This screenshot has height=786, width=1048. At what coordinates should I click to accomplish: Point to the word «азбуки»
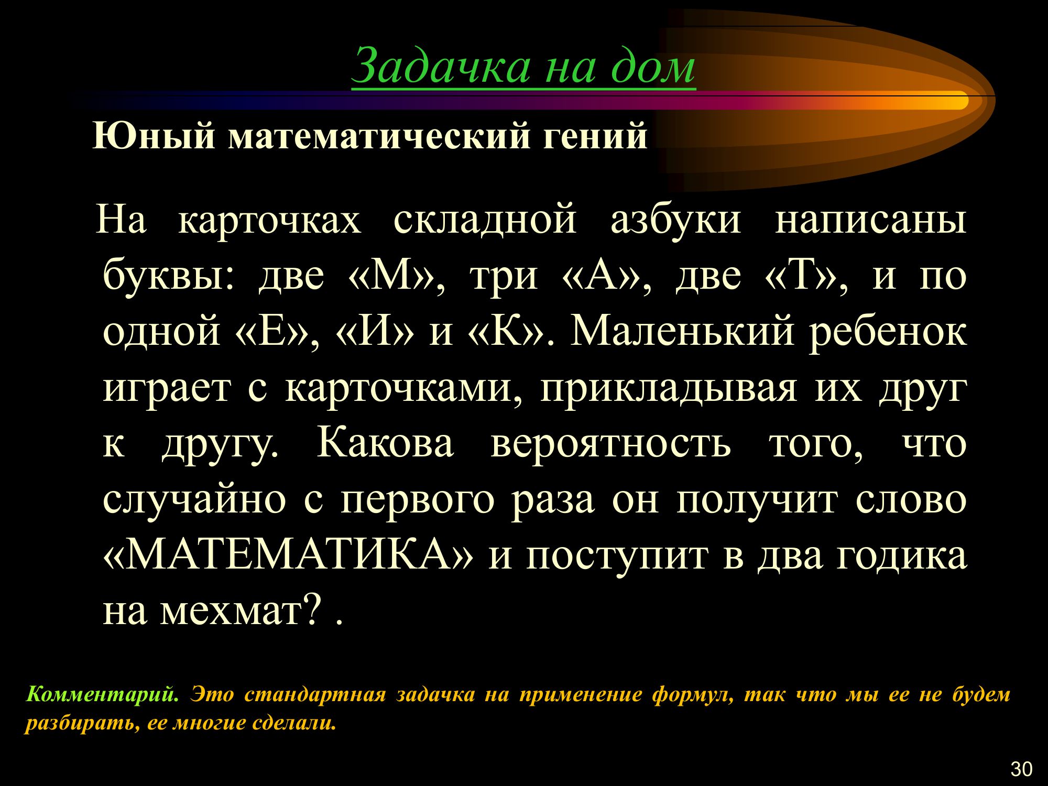[676, 220]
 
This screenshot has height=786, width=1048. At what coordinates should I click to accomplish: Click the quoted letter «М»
[391, 275]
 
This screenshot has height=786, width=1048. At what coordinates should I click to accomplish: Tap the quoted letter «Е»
[271, 331]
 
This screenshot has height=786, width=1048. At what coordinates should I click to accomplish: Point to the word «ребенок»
[888, 331]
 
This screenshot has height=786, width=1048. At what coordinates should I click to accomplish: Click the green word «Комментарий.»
[103, 695]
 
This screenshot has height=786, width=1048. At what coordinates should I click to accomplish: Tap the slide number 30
[1021, 769]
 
